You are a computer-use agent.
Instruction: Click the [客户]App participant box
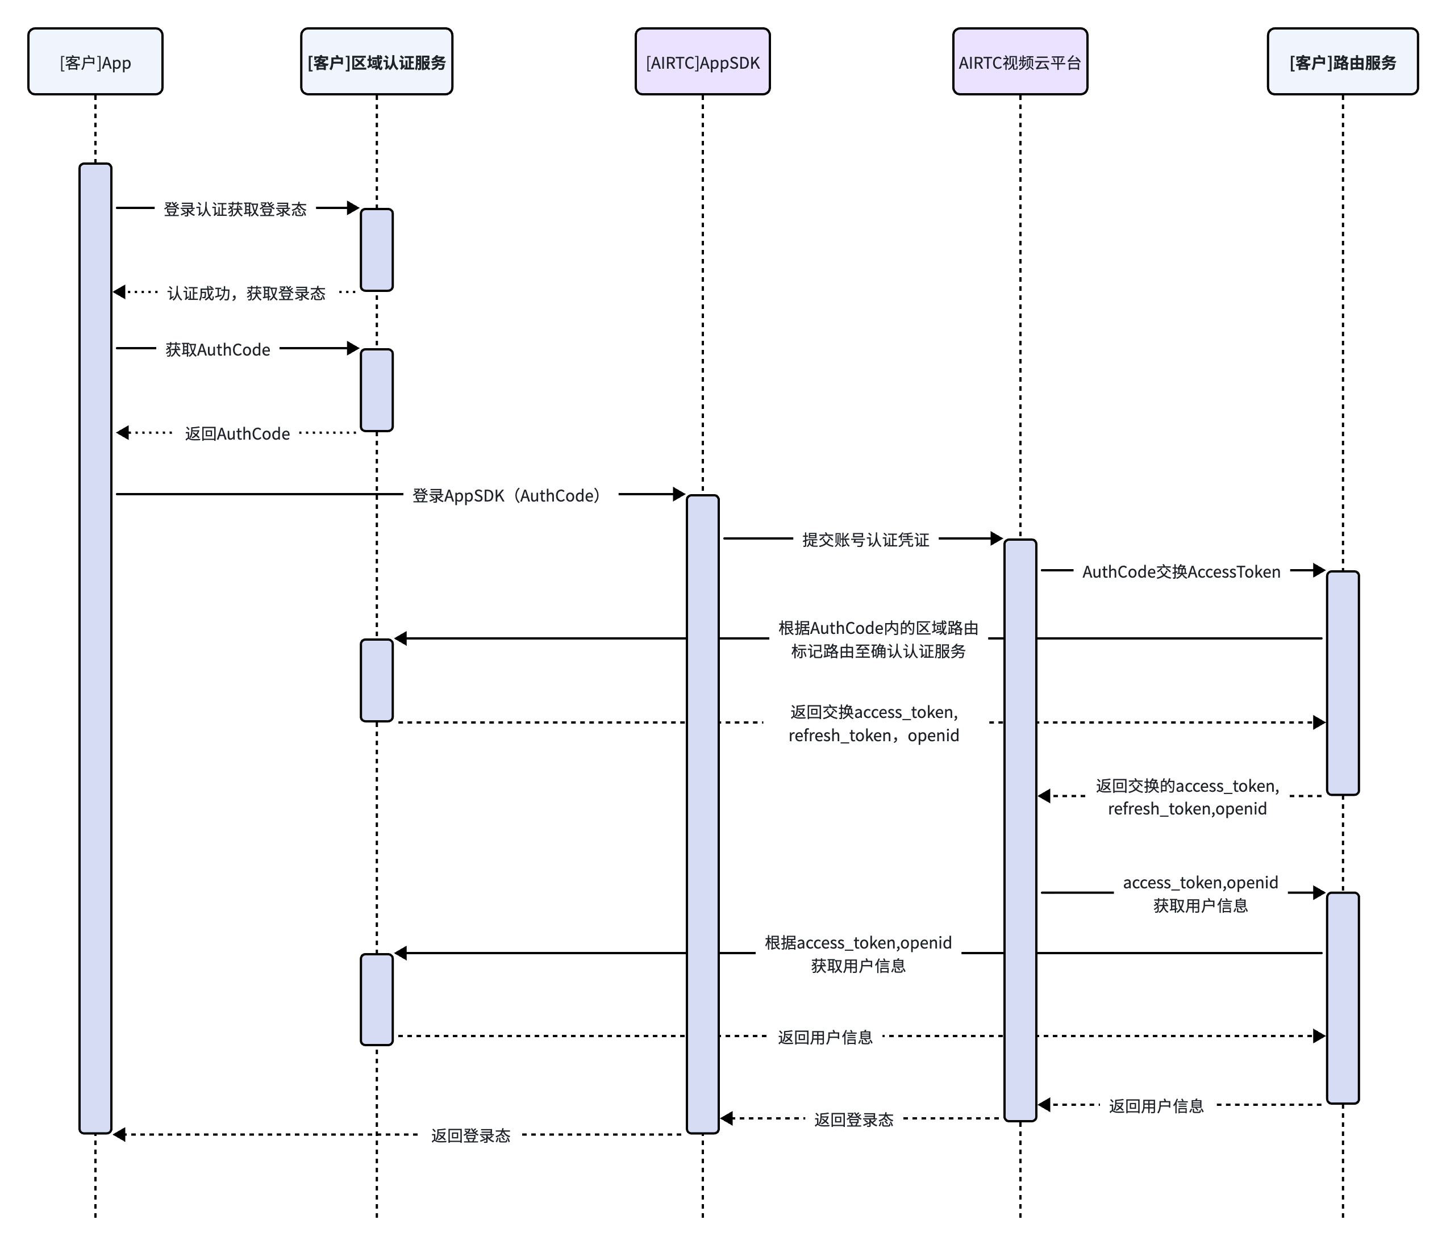pyautogui.click(x=95, y=61)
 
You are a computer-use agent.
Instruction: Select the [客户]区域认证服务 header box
pyautogui.click(x=377, y=61)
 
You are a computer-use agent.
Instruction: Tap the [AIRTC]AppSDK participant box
pyautogui.click(x=703, y=61)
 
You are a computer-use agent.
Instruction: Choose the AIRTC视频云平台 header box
pyautogui.click(x=1020, y=61)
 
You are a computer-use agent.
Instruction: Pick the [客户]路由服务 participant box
pyautogui.click(x=1343, y=61)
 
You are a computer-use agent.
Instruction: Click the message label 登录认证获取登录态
pyautogui.click(x=235, y=210)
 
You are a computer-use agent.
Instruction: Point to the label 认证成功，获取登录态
pyautogui.click(x=247, y=293)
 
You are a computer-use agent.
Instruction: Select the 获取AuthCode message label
pyautogui.click(x=218, y=349)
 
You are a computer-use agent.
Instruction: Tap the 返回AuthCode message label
pyautogui.click(x=237, y=434)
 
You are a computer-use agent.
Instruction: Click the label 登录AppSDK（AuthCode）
pyautogui.click(x=506, y=495)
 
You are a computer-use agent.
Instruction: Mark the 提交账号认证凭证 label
pyautogui.click(x=865, y=540)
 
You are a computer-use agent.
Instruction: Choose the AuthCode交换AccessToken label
pyautogui.click(x=1181, y=572)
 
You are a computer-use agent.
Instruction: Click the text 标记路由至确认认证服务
pyautogui.click(x=878, y=651)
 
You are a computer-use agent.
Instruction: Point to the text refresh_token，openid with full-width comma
pyautogui.click(x=874, y=736)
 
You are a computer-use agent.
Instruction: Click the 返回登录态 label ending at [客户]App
pyautogui.click(x=471, y=1136)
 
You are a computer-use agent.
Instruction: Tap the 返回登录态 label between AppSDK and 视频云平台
pyautogui.click(x=853, y=1120)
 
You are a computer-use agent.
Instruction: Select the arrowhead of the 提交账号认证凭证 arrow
pyautogui.click(x=997, y=538)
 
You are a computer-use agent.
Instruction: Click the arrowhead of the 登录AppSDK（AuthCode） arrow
pyautogui.click(x=680, y=494)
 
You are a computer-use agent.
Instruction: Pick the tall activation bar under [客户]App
pyautogui.click(x=95, y=648)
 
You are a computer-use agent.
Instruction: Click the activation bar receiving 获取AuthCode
pyautogui.click(x=377, y=390)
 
